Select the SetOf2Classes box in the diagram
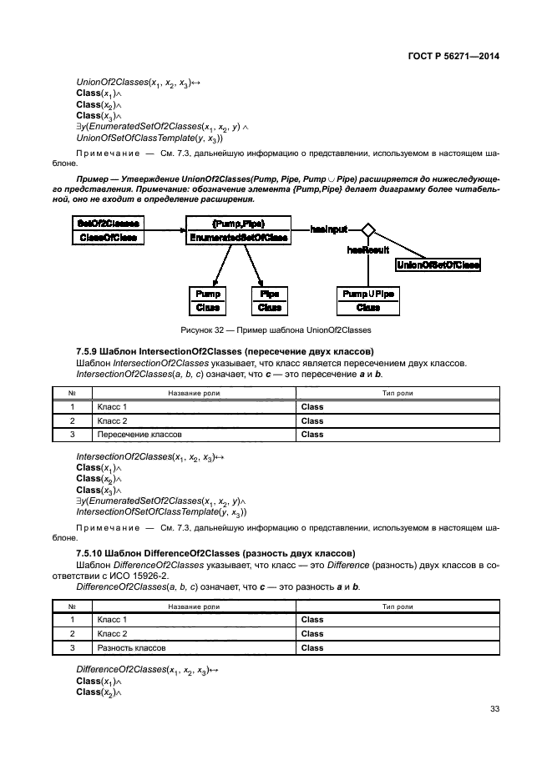109,230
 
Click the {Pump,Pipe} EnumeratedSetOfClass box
238,230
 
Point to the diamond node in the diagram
365,229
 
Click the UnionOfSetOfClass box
438,264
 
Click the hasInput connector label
328,228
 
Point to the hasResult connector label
368,249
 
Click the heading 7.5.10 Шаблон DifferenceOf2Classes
215,553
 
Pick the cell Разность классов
131,647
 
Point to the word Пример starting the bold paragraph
92,179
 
